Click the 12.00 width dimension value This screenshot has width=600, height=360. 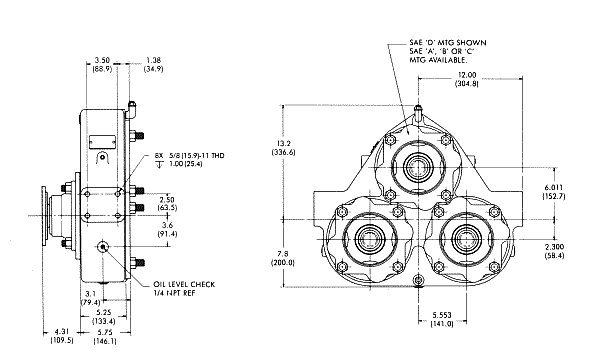[467, 75]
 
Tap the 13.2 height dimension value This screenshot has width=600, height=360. [284, 143]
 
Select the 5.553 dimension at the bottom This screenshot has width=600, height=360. [442, 315]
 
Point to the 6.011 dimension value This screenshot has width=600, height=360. [554, 187]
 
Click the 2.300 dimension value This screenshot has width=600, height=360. [554, 247]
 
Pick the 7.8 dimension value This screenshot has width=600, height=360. [283, 254]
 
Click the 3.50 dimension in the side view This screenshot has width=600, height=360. [102, 60]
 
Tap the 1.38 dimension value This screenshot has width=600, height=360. [153, 60]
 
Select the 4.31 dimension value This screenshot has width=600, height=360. [62, 332]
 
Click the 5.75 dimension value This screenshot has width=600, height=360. [105, 332]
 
